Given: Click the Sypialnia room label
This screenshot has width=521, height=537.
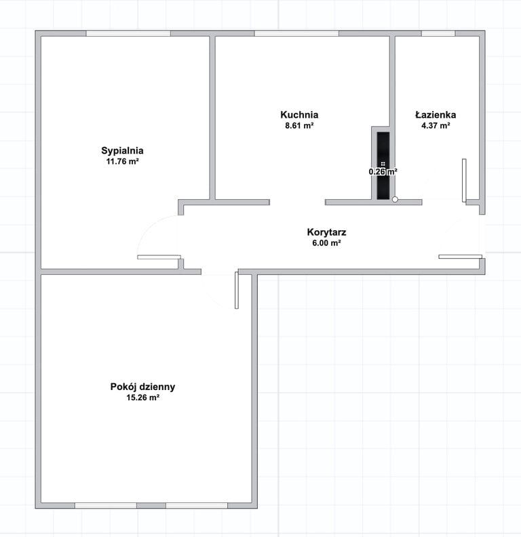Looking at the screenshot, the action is pyautogui.click(x=122, y=151).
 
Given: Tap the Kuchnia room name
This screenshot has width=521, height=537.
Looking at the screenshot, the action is pyautogui.click(x=299, y=114).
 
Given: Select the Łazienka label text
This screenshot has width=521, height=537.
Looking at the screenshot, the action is pyautogui.click(x=436, y=114).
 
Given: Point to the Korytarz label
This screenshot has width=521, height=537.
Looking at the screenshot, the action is pyautogui.click(x=326, y=232).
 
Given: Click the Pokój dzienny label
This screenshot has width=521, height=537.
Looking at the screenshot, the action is pyautogui.click(x=142, y=387).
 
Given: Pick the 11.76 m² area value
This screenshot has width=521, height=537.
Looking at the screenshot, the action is pyautogui.click(x=122, y=162).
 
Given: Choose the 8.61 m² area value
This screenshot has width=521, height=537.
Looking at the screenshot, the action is pyautogui.click(x=299, y=125).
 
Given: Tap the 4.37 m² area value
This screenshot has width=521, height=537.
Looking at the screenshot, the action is pyautogui.click(x=436, y=125).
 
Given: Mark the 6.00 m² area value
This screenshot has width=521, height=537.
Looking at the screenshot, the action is pyautogui.click(x=326, y=243).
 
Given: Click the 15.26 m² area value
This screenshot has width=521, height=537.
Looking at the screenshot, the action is pyautogui.click(x=142, y=398).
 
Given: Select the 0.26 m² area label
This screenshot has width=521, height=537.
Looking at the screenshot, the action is pyautogui.click(x=383, y=171).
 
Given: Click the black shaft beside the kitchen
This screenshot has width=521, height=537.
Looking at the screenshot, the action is pyautogui.click(x=383, y=166).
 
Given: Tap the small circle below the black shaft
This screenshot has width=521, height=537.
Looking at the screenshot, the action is pyautogui.click(x=395, y=199).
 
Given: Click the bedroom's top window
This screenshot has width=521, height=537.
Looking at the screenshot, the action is pyautogui.click(x=128, y=34).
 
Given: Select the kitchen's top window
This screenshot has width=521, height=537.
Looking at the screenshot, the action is pyautogui.click(x=296, y=34).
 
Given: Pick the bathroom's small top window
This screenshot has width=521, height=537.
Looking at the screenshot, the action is pyautogui.click(x=438, y=34).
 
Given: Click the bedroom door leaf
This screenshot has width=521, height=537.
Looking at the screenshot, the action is pyautogui.click(x=159, y=257).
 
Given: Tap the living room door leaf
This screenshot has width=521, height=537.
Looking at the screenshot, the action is pyautogui.click(x=237, y=290).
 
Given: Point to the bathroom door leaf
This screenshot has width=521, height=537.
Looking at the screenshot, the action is pyautogui.click(x=464, y=181).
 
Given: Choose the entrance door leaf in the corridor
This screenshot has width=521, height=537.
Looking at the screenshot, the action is pyautogui.click(x=461, y=257).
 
